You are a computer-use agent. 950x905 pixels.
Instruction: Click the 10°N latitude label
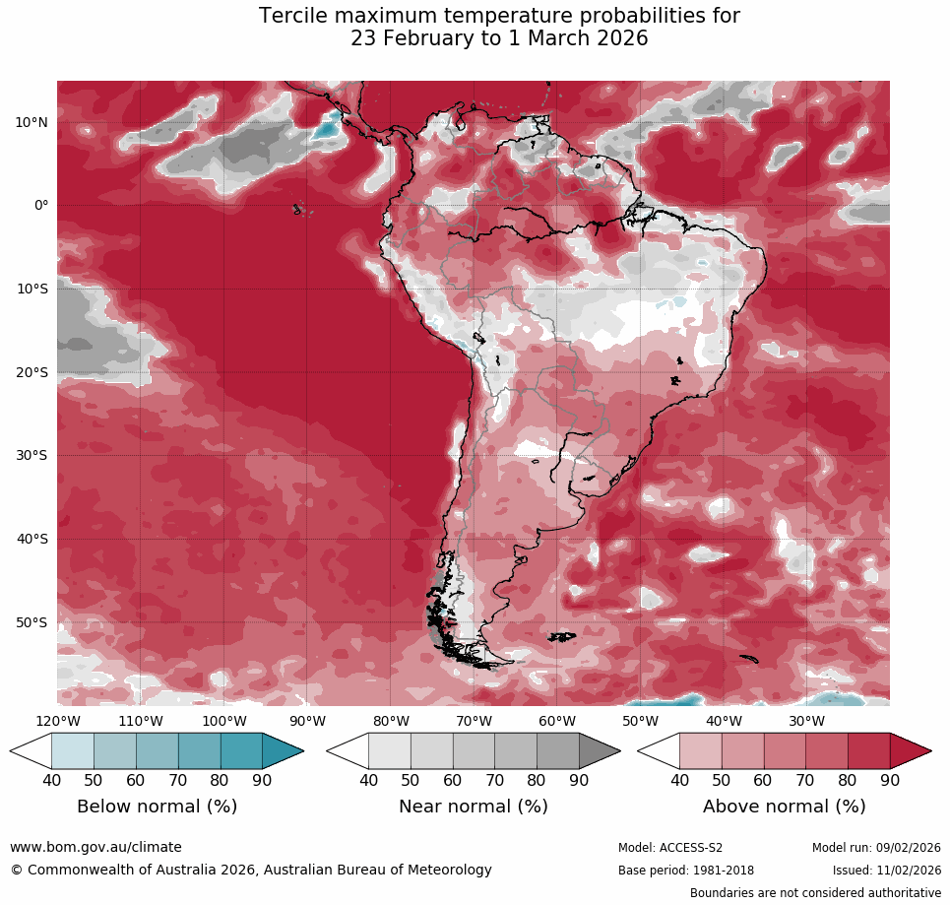coord(32,122)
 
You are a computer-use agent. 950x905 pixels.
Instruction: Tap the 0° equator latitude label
coord(41,205)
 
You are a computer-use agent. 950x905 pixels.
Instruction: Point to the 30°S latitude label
coord(32,455)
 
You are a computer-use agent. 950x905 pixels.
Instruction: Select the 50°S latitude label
coord(32,622)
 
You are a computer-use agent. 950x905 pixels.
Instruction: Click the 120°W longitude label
coord(57,720)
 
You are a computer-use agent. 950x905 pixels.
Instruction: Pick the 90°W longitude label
coord(307,720)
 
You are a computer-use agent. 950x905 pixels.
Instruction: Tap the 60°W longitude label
coord(557,720)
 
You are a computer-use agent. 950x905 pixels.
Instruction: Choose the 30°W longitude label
coord(807,720)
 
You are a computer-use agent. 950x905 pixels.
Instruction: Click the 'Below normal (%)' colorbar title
coord(157,807)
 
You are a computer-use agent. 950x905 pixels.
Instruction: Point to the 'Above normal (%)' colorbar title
coord(784,807)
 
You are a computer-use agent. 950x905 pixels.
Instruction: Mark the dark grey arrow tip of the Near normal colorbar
coord(600,751)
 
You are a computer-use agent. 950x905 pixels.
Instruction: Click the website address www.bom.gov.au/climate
coord(95,847)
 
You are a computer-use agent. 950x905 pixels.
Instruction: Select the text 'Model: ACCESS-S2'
coord(670,848)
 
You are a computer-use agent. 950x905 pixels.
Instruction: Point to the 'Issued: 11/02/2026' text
coord(886,871)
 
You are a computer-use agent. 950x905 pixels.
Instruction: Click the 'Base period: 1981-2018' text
coord(686,871)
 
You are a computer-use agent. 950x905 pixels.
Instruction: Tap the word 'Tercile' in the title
coord(294,16)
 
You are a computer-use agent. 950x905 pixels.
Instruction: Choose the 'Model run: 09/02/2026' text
coord(876,848)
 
